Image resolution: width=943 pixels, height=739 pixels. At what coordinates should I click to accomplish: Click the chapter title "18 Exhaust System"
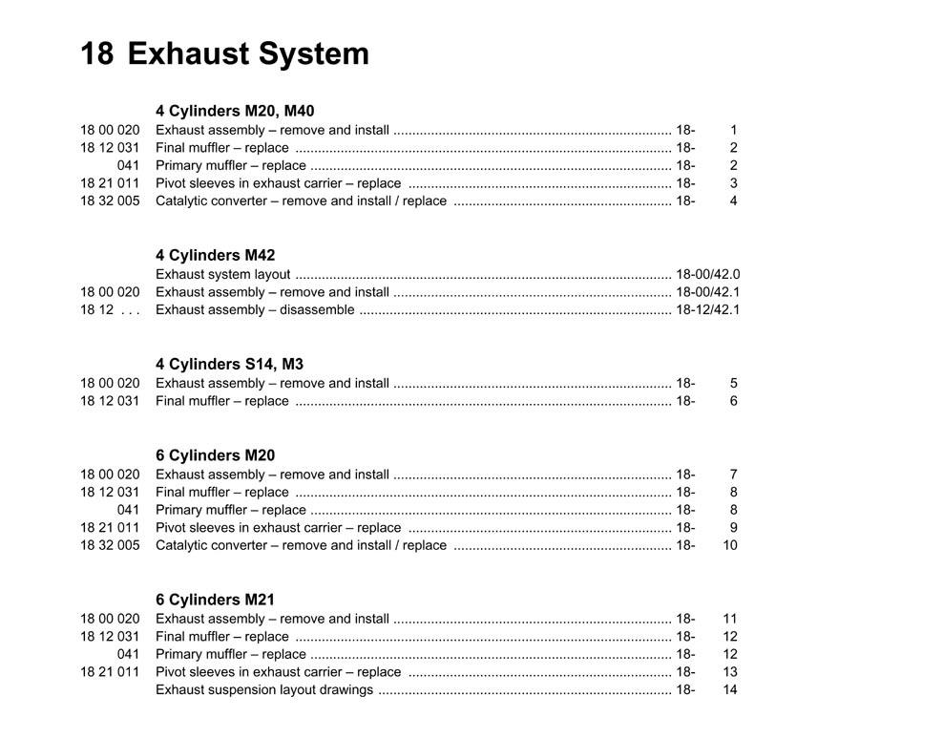(224, 53)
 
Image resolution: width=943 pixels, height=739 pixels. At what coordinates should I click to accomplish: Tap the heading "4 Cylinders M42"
(215, 255)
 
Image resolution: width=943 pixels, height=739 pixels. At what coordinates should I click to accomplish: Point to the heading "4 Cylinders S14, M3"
(229, 364)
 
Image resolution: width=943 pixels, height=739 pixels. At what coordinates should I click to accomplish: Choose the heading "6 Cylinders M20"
(215, 455)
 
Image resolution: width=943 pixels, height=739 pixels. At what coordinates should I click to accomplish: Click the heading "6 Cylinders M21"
(215, 600)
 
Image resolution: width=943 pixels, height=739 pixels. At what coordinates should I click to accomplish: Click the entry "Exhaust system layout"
(222, 274)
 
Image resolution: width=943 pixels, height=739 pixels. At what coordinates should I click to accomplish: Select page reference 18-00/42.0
(707, 274)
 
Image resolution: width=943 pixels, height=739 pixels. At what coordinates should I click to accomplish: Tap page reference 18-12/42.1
(707, 309)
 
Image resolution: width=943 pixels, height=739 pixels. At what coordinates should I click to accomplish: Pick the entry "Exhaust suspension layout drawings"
(264, 689)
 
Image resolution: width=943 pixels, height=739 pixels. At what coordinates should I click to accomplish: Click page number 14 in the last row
(730, 689)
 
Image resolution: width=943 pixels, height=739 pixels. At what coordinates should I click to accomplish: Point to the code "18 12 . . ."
(110, 309)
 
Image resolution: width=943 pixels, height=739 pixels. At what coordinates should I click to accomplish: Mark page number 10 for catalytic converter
(730, 545)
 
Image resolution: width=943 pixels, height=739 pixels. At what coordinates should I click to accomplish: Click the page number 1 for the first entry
(733, 130)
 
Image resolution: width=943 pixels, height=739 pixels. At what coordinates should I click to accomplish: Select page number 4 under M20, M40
(733, 201)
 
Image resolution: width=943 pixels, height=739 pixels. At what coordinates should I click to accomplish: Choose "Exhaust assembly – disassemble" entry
(255, 309)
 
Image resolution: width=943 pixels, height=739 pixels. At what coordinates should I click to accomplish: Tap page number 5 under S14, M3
(733, 383)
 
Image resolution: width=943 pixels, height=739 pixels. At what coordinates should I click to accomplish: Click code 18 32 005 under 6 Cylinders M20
(110, 545)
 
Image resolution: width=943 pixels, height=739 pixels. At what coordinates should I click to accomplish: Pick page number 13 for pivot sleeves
(730, 671)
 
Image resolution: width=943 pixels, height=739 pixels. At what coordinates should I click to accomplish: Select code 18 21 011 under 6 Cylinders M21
(110, 671)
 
